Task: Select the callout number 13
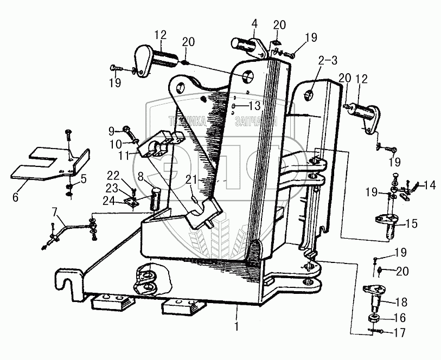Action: click(x=254, y=105)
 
